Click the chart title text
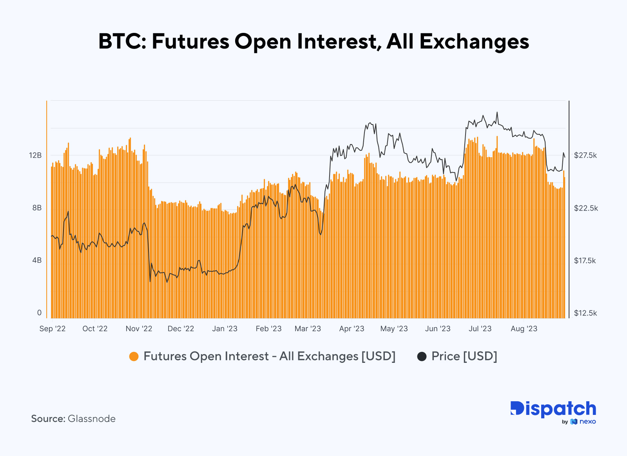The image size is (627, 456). (313, 41)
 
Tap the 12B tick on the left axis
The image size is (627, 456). (35, 155)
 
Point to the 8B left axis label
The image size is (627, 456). (37, 208)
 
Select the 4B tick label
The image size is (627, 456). (37, 260)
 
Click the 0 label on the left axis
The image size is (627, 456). (39, 313)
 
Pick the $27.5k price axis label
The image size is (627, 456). (585, 155)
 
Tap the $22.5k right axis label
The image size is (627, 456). (586, 208)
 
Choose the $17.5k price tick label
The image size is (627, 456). (585, 261)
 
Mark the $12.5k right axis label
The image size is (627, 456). (585, 313)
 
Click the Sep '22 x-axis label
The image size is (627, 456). (53, 329)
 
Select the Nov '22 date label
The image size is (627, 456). (139, 329)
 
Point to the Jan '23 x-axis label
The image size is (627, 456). (225, 329)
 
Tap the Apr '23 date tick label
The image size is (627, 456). (352, 329)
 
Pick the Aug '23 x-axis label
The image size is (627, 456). (524, 329)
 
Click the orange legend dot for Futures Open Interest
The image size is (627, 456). (134, 357)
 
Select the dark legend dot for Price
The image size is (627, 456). (422, 357)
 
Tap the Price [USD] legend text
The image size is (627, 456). (464, 357)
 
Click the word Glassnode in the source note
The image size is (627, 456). (92, 419)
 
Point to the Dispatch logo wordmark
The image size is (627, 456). (553, 409)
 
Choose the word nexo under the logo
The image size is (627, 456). (587, 422)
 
